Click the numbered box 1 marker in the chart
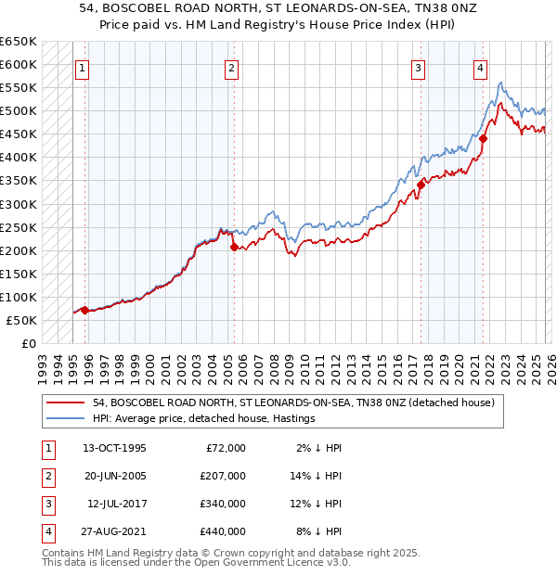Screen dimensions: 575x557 click(x=82, y=67)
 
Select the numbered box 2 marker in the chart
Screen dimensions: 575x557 click(x=231, y=67)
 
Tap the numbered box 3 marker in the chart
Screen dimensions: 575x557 click(x=419, y=67)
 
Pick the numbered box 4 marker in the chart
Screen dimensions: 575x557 click(x=480, y=67)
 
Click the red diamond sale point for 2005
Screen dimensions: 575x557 click(x=234, y=248)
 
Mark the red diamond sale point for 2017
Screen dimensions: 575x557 click(x=421, y=185)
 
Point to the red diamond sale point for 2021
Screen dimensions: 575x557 click(x=484, y=138)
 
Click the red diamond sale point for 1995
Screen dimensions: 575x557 click(x=84, y=310)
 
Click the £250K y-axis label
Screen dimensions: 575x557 click(x=19, y=227)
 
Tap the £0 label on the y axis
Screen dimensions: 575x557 click(x=30, y=343)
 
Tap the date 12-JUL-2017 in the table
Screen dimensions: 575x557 click(x=116, y=504)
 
